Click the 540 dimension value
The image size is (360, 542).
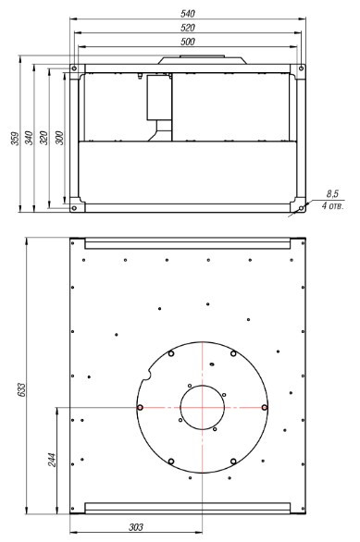[x=188, y=14]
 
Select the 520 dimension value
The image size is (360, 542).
[x=188, y=28]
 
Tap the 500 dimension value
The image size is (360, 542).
[x=188, y=42]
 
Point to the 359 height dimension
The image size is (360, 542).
[x=15, y=138]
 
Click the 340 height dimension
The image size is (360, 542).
[x=29, y=138]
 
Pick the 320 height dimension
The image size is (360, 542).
[x=43, y=138]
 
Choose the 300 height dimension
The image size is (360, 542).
[x=59, y=138]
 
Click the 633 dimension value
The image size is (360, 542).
[x=21, y=389]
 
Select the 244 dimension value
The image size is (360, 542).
[x=52, y=460]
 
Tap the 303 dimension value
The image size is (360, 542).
[x=136, y=527]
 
